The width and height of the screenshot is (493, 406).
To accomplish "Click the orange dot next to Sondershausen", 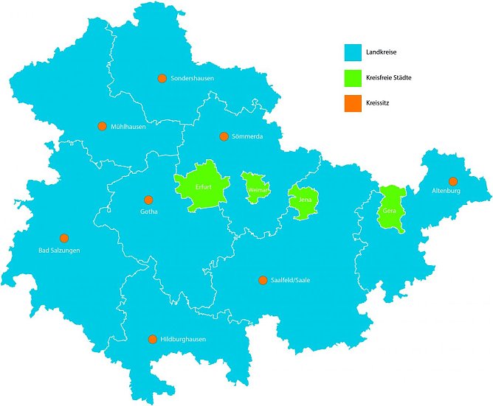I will (162, 78).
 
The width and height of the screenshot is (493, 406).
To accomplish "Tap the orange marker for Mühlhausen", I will (102, 126).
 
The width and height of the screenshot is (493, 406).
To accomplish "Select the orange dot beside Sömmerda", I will (224, 136).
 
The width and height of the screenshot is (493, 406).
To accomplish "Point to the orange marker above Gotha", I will (148, 200).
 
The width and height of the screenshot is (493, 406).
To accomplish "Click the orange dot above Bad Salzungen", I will (64, 238).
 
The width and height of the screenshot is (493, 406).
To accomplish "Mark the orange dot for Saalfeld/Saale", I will (262, 280).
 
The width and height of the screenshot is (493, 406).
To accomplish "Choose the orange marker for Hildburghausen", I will (153, 339).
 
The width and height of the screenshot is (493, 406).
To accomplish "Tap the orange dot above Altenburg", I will (453, 181).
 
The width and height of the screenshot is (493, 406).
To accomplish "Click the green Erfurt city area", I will (199, 189).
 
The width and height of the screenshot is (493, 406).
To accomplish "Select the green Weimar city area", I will (255, 188).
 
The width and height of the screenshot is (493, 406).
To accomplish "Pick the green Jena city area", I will (301, 201).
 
